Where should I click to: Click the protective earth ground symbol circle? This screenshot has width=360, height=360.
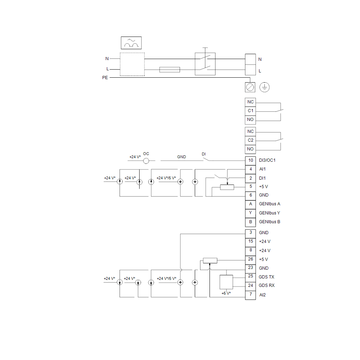(265, 87)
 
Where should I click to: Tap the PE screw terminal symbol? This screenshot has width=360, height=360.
(250, 87)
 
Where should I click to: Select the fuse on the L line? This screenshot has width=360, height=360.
(169, 70)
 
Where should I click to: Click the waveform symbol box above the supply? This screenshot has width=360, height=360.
(131, 43)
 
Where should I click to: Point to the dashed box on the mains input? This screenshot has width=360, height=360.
(132, 64)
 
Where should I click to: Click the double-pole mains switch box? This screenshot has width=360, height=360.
(205, 64)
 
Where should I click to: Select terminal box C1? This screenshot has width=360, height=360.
(250, 111)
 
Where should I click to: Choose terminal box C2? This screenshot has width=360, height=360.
(250, 140)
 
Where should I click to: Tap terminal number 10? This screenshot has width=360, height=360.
(250, 160)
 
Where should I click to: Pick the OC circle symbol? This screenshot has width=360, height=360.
(146, 161)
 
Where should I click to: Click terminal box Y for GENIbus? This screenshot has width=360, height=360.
(250, 213)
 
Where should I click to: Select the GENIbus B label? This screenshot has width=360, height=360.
(270, 222)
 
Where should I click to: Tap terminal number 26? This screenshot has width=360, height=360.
(250, 259)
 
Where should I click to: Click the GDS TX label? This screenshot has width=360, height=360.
(266, 277)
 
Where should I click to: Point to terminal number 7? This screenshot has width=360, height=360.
(250, 295)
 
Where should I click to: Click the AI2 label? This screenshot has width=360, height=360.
(262, 295)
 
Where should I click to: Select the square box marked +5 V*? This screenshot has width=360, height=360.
(226, 282)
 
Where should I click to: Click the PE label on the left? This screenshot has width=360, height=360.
(105, 78)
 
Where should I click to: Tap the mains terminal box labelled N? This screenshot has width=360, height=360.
(250, 59)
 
